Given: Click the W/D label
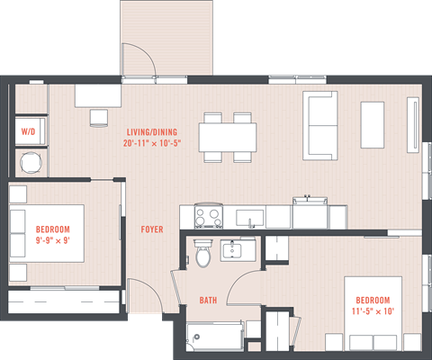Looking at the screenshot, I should (x=28, y=132).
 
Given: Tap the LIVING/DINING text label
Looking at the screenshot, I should (x=153, y=137).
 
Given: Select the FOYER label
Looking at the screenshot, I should (x=152, y=229).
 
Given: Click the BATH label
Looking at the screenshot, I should (x=208, y=301).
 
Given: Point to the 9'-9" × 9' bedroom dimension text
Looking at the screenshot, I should (x=52, y=240).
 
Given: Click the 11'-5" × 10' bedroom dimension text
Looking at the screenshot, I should (x=373, y=311).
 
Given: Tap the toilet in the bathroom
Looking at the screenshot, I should (x=203, y=255).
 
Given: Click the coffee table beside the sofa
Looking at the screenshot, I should (x=373, y=118).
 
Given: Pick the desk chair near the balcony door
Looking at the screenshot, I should (x=98, y=116).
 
